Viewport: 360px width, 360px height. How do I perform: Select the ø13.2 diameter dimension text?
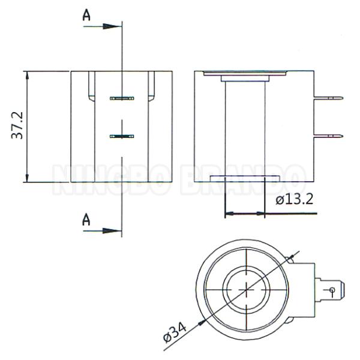pyautogui.click(x=294, y=200)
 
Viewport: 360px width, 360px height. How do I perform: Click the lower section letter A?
pyautogui.click(x=86, y=220)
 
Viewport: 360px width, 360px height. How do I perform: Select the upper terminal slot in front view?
pyautogui.click(x=121, y=98)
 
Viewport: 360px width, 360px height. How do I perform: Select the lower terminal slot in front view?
pyautogui.click(x=121, y=137)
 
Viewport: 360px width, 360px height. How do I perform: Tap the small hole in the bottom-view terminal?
pyautogui.click(x=331, y=291)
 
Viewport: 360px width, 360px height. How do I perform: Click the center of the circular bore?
pyautogui.click(x=247, y=289)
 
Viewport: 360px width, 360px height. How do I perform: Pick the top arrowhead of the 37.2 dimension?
pyautogui.click(x=28, y=75)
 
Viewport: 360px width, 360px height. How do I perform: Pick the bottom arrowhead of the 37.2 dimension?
pyautogui.click(x=28, y=178)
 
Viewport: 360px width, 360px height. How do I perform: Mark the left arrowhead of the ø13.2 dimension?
pyautogui.click(x=228, y=213)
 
